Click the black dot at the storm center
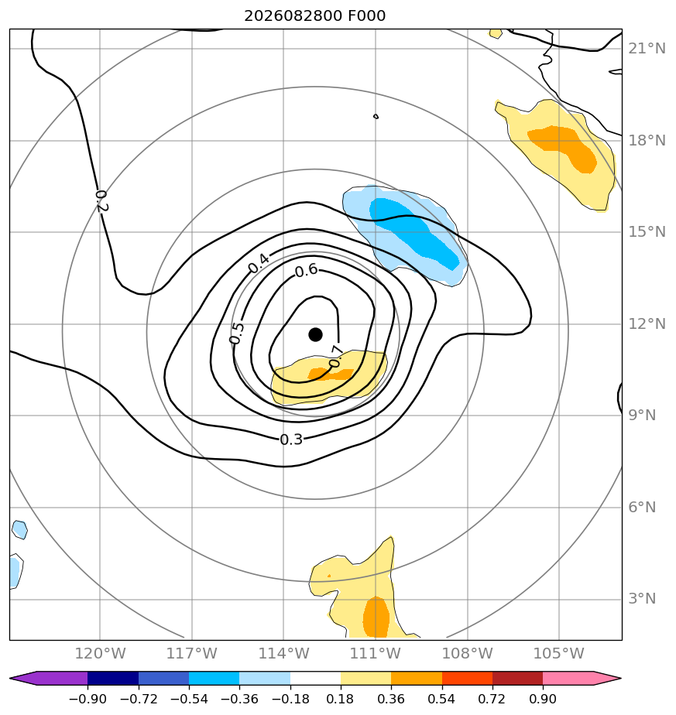(x=315, y=335)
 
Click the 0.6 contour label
(x=307, y=271)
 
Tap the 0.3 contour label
(x=291, y=440)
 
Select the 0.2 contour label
(x=101, y=201)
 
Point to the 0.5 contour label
(x=237, y=334)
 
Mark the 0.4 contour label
(x=259, y=264)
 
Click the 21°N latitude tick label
(x=647, y=48)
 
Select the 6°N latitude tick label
(x=642, y=507)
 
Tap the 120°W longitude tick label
(x=100, y=653)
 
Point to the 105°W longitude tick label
(x=559, y=653)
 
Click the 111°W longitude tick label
(x=376, y=653)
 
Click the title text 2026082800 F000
(x=315, y=16)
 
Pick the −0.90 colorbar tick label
(x=88, y=699)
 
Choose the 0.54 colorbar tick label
(x=441, y=699)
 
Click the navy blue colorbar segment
(x=113, y=678)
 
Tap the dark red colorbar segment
(x=517, y=678)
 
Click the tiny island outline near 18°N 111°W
(x=376, y=117)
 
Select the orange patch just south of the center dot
(x=330, y=375)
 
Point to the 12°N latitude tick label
(x=647, y=323)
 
